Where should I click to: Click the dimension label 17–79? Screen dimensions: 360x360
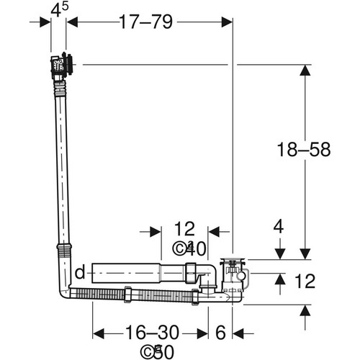tap(145, 22)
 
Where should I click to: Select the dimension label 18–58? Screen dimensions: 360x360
tap(304, 149)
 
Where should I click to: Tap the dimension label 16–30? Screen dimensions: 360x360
tap(152, 333)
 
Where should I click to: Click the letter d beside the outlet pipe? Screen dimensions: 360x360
tap(80, 272)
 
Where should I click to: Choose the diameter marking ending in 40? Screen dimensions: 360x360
tap(189, 248)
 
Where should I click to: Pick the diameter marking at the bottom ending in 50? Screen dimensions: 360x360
tap(157, 352)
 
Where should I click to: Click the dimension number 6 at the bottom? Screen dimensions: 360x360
tap(220, 333)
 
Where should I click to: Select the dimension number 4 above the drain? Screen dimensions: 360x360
tap(279, 227)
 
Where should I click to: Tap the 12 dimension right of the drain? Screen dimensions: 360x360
tap(305, 281)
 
